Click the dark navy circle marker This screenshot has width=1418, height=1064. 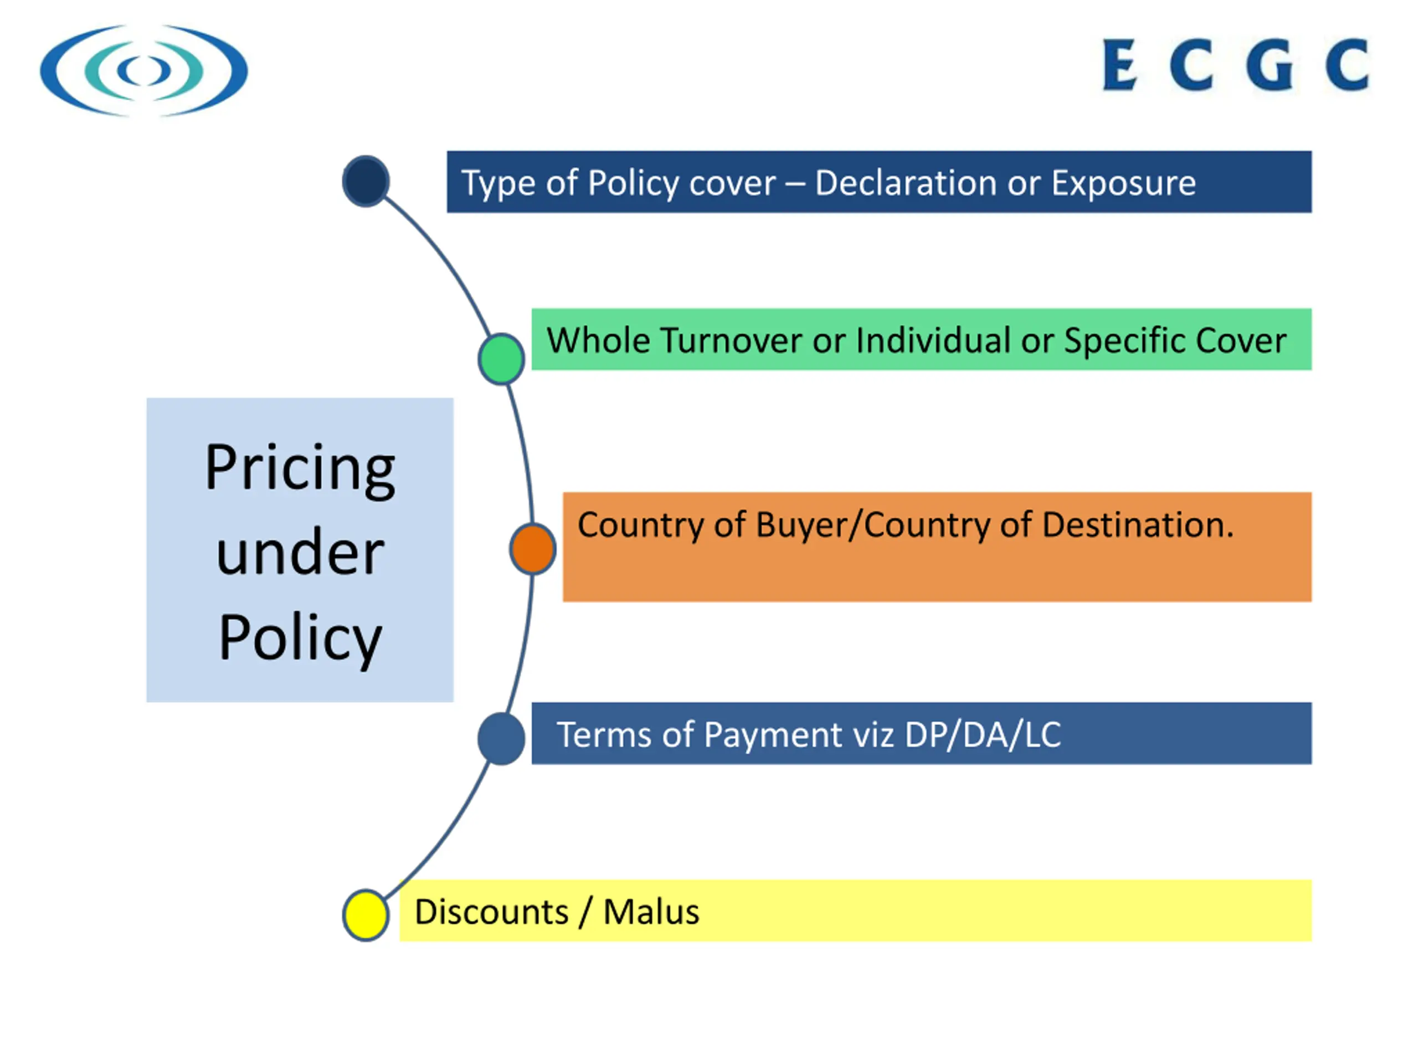tap(366, 182)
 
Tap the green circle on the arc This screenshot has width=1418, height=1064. tap(501, 359)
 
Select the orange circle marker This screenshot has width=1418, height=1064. tap(533, 549)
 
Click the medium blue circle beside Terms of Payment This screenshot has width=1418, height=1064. tap(501, 739)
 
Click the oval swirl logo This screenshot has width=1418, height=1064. tap(143, 70)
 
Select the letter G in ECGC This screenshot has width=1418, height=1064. tap(1270, 65)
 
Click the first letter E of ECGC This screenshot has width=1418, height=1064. tap(1119, 65)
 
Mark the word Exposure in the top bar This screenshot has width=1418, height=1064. tap(1123, 183)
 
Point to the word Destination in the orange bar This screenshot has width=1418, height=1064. tap(1137, 525)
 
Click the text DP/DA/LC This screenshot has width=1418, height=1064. tap(982, 734)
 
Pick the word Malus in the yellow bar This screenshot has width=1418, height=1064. tap(651, 912)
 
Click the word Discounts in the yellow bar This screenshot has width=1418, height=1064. tap(491, 912)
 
